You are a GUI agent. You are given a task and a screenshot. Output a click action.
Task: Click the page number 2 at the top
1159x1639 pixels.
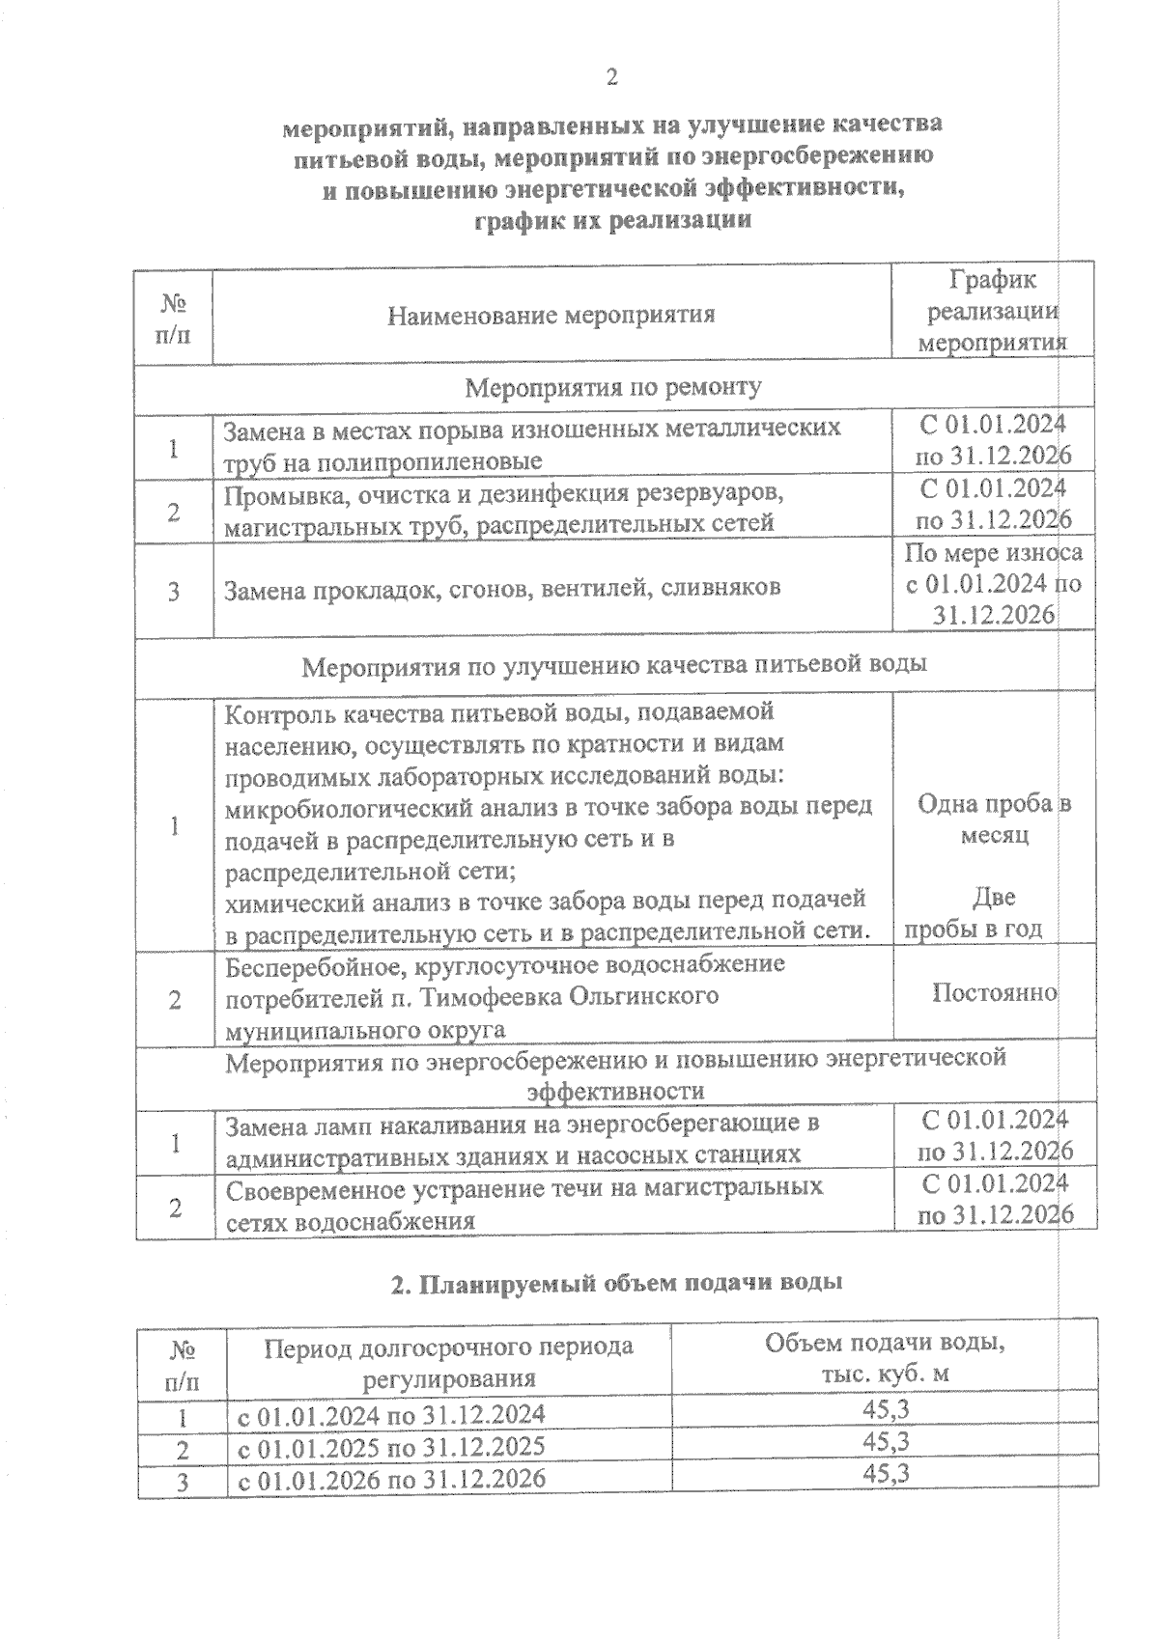(610, 77)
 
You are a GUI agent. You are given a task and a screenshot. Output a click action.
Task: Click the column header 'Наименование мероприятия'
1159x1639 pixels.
(551, 315)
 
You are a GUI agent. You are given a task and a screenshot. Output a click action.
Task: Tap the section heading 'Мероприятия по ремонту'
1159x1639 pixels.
(613, 388)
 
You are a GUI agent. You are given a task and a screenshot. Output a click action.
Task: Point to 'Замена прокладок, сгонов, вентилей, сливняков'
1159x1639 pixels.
(501, 588)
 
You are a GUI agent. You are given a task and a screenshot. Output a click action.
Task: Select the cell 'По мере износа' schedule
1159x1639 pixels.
(993, 553)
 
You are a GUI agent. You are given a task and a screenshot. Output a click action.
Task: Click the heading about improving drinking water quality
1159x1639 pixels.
(614, 665)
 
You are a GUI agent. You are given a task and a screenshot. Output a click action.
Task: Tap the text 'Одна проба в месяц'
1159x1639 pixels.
(993, 819)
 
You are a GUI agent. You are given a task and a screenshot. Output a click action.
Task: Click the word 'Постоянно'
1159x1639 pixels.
(994, 992)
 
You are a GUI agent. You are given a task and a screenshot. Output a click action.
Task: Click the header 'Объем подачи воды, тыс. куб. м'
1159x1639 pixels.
(884, 1358)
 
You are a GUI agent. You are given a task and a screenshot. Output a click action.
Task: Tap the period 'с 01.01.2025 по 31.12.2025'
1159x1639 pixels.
(391, 1446)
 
